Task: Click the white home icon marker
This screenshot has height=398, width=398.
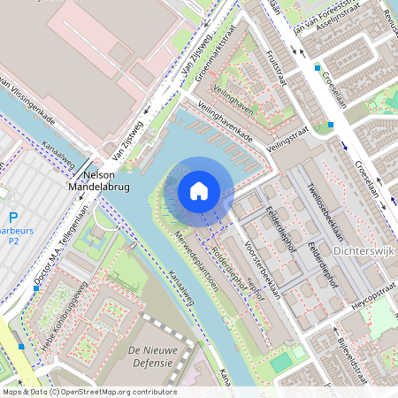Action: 199,191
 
